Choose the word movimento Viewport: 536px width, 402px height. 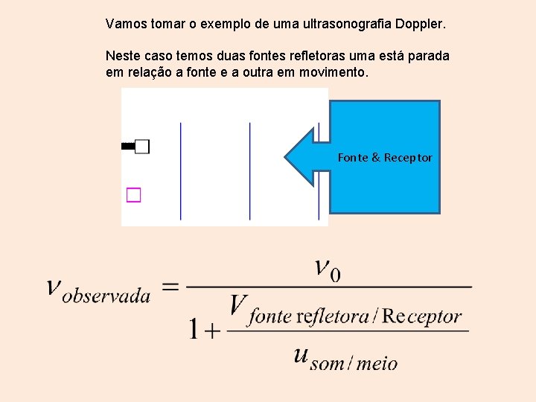tap(333, 72)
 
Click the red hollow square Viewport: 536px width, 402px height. tap(133, 195)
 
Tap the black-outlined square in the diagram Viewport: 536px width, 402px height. tap(142, 146)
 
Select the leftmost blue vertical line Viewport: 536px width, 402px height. tap(181, 171)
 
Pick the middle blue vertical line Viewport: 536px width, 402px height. tap(250, 171)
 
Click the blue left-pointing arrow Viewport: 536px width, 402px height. tap(305, 157)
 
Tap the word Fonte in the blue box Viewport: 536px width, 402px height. tap(352, 158)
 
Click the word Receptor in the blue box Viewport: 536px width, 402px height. tap(408, 158)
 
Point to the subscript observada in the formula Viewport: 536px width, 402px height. tap(106, 296)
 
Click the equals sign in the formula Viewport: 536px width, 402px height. tap(170, 287)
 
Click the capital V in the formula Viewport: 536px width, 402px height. tap(238, 306)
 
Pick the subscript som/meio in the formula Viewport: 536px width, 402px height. tap(354, 363)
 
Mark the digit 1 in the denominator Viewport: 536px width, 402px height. tap(194, 328)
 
